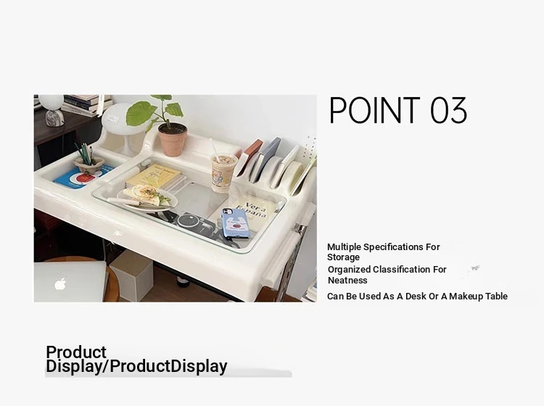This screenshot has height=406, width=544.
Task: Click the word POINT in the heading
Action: tap(375, 110)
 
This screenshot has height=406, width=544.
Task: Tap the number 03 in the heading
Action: tap(448, 110)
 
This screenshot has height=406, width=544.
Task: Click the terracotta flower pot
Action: tap(173, 138)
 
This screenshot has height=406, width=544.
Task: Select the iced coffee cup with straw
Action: tap(224, 173)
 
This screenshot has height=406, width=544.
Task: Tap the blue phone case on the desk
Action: tap(235, 223)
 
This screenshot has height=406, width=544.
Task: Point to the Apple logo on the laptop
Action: tap(61, 284)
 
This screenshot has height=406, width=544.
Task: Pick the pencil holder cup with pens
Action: tap(89, 164)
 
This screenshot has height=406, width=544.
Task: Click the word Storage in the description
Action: tap(343, 257)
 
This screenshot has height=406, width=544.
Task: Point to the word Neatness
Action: tap(347, 280)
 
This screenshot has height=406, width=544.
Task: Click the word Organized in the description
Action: tap(349, 270)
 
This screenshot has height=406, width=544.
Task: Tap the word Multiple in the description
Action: tap(344, 247)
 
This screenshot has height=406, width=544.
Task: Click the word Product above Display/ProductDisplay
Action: tap(76, 352)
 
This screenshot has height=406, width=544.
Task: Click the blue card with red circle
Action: tap(82, 178)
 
